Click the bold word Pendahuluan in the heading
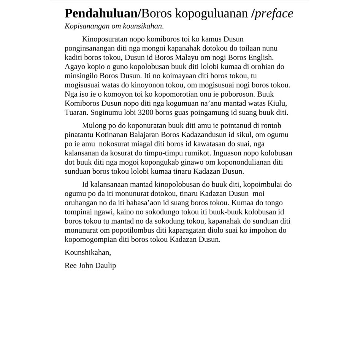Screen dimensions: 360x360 100,14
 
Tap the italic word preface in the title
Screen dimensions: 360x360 274,14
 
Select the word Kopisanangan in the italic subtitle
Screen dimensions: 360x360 85,26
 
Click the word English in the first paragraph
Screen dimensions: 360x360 260,57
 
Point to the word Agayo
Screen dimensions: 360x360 75,67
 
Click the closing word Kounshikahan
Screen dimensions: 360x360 88,252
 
